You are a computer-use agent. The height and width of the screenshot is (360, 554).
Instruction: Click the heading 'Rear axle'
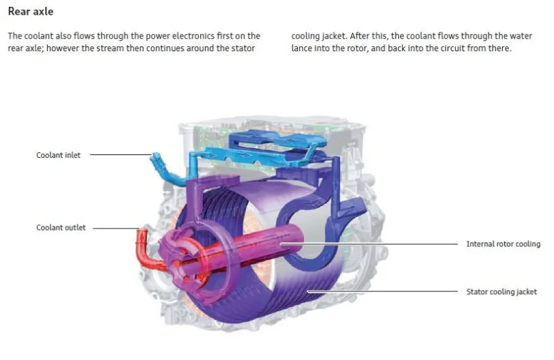click(x=30, y=12)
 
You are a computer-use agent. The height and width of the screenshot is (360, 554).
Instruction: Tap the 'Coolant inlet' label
click(x=58, y=155)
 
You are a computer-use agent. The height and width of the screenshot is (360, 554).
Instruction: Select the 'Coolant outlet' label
click(x=61, y=228)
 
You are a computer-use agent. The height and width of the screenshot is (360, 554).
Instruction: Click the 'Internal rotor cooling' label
click(x=503, y=244)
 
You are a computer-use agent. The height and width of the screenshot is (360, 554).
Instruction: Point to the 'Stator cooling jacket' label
click(x=501, y=291)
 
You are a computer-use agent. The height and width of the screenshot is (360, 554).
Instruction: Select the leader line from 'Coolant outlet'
click(x=115, y=228)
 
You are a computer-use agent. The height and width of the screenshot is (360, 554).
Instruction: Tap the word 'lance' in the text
click(x=302, y=48)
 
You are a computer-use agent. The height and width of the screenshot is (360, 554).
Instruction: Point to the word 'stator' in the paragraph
click(x=244, y=48)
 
